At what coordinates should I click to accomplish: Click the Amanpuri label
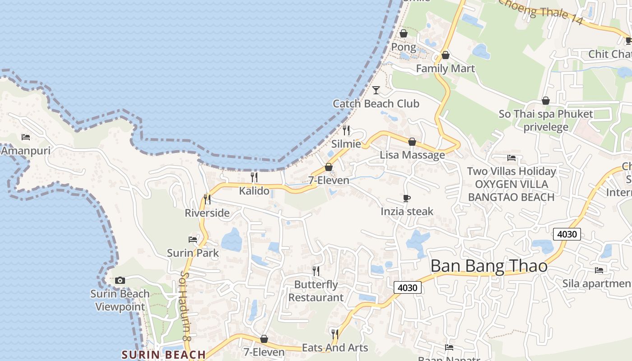pyautogui.click(x=26, y=151)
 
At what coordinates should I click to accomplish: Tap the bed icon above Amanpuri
pyautogui.click(x=26, y=137)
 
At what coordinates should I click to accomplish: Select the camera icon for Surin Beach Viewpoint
pyautogui.click(x=120, y=280)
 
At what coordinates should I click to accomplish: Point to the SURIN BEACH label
pyautogui.click(x=163, y=355)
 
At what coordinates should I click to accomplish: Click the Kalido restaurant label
pyautogui.click(x=254, y=191)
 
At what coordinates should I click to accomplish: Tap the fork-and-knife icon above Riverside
pyautogui.click(x=207, y=199)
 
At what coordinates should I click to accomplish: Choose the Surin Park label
pyautogui.click(x=193, y=253)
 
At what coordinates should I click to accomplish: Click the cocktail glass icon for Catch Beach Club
pyautogui.click(x=376, y=90)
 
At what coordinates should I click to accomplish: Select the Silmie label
pyautogui.click(x=346, y=144)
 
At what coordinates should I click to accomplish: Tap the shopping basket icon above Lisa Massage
pyautogui.click(x=412, y=142)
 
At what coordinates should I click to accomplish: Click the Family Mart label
pyautogui.click(x=445, y=69)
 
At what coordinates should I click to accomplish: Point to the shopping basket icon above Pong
pyautogui.click(x=404, y=33)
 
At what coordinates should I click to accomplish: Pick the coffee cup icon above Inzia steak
pyautogui.click(x=407, y=198)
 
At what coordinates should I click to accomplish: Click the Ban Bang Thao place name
pyautogui.click(x=489, y=266)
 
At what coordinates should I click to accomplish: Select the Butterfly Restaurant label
pyautogui.click(x=316, y=291)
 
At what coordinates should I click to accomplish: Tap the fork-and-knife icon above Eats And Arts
pyautogui.click(x=335, y=334)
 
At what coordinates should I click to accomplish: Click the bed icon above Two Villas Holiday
pyautogui.click(x=511, y=157)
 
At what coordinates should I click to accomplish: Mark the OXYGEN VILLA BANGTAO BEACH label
pyautogui.click(x=511, y=190)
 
